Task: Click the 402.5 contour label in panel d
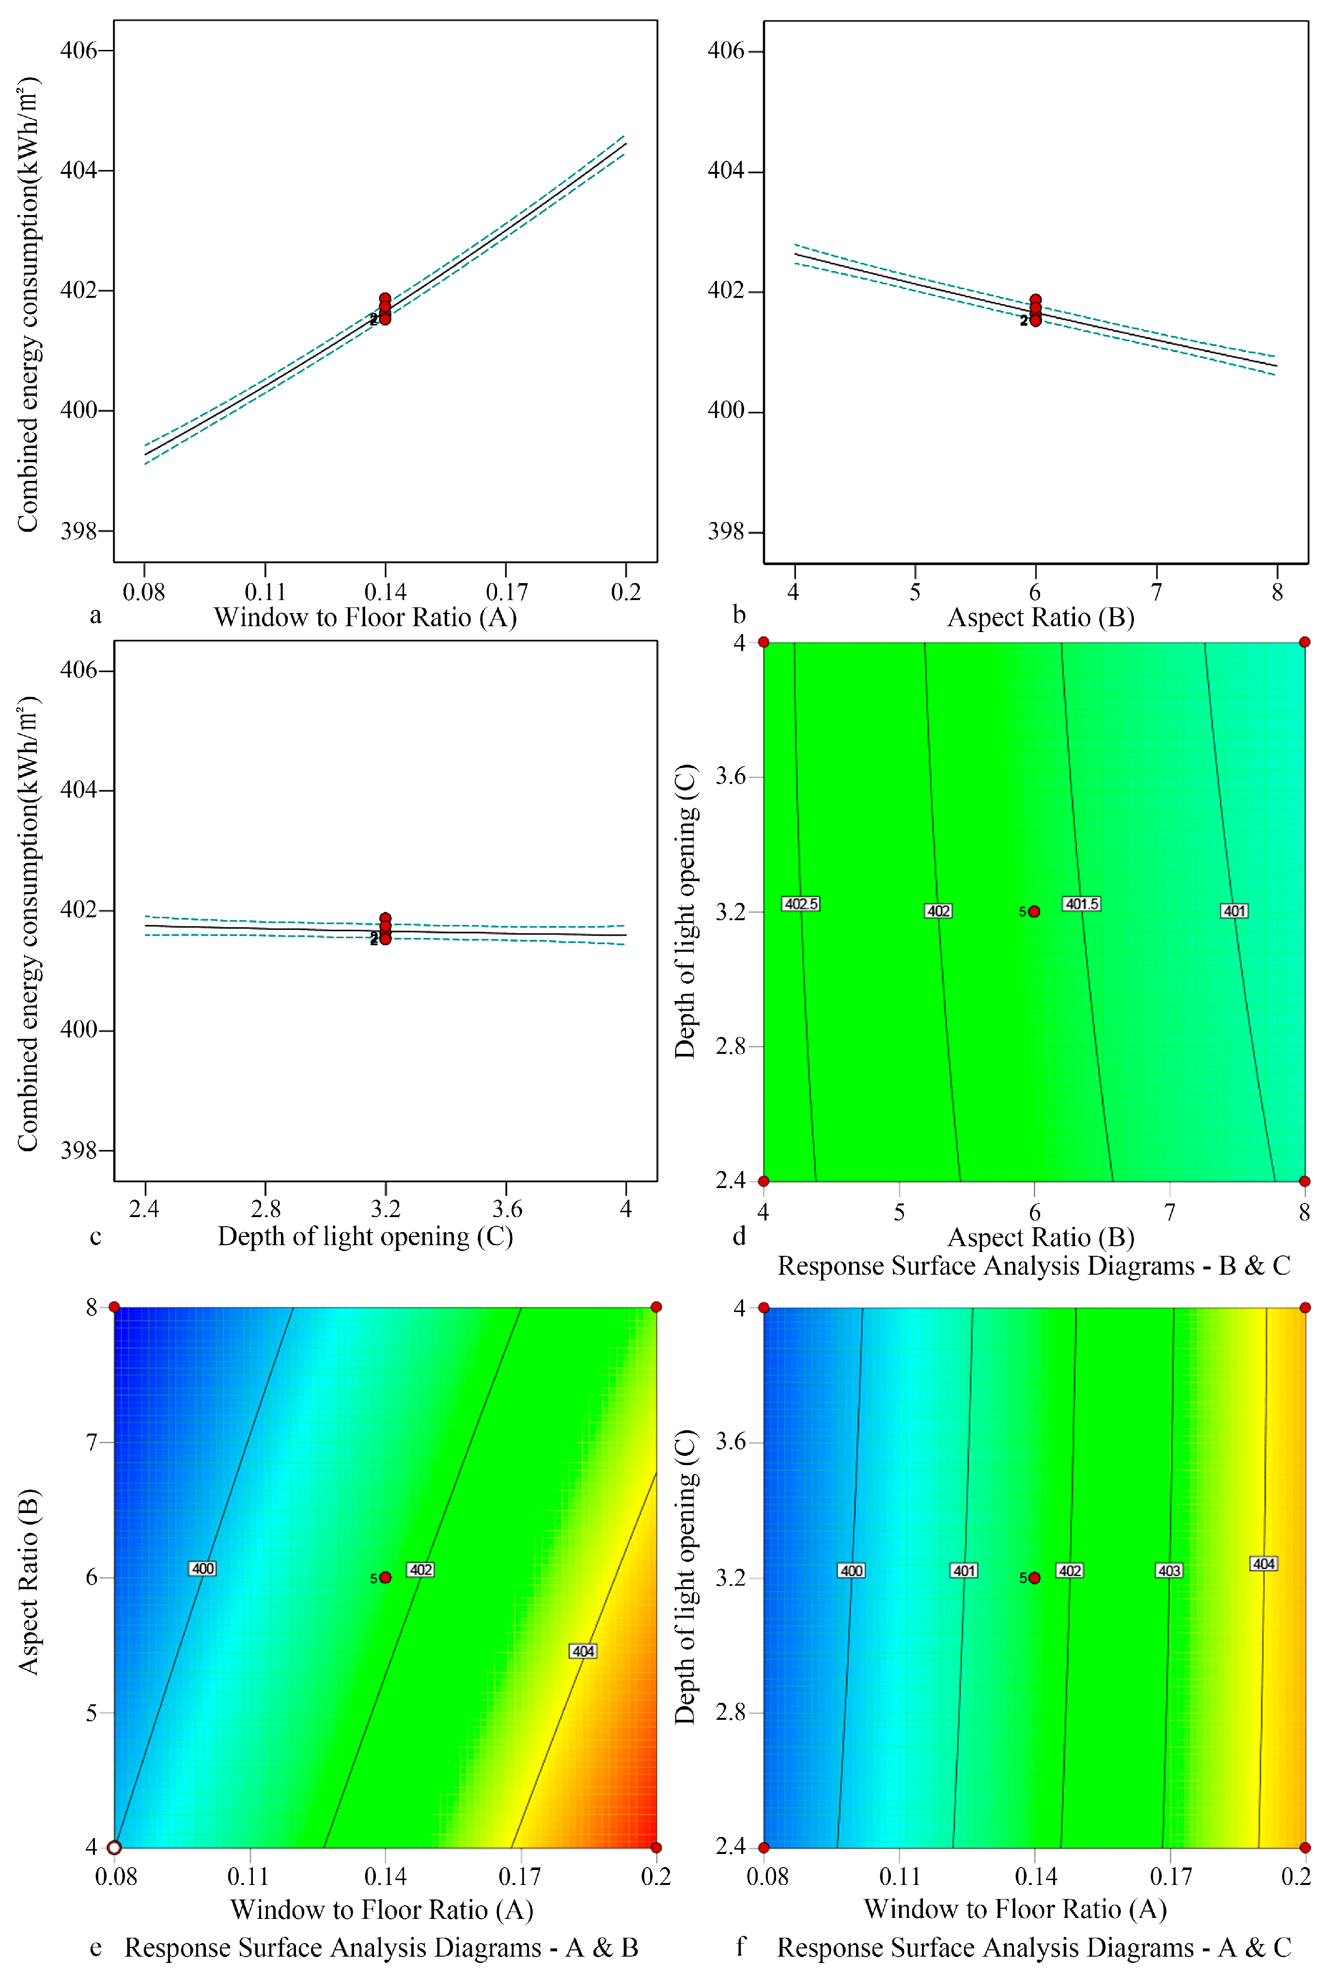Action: pyautogui.click(x=800, y=904)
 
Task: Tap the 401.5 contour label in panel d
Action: pyautogui.click(x=1081, y=904)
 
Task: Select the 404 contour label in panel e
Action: pyautogui.click(x=583, y=1651)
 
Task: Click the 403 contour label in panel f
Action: pyautogui.click(x=1169, y=1571)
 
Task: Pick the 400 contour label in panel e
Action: pyautogui.click(x=202, y=1569)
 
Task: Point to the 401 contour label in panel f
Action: pyautogui.click(x=964, y=1571)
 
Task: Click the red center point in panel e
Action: pyautogui.click(x=385, y=1577)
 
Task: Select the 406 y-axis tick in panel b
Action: pyautogui.click(x=726, y=51)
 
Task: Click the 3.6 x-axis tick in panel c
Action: pyautogui.click(x=507, y=1208)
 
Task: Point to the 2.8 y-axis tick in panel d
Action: pyautogui.click(x=731, y=1046)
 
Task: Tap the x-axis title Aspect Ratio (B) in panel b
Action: pyautogui.click(x=1041, y=617)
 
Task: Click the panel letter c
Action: pyautogui.click(x=95, y=1236)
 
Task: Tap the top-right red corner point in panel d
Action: pyautogui.click(x=1304, y=642)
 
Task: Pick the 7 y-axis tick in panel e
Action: pyautogui.click(x=92, y=1442)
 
